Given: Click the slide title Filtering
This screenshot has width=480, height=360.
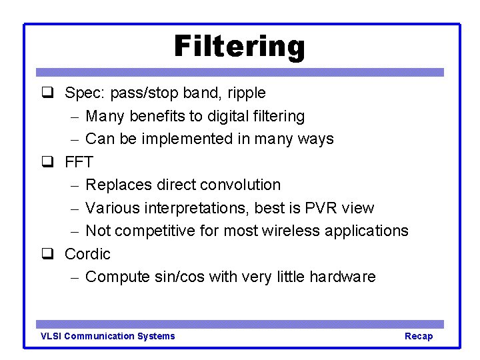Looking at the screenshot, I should point(239,47).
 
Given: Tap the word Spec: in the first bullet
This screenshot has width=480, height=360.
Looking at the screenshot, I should point(83,93).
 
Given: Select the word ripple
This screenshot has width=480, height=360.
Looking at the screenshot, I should point(248,93).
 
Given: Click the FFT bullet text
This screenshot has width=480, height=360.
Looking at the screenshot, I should point(79,162).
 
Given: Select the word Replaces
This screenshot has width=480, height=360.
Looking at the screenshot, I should point(116,185).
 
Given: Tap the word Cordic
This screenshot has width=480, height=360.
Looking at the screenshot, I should point(87,254).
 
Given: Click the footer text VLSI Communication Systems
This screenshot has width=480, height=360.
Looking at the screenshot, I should point(108,336).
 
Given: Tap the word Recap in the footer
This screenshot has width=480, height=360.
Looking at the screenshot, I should point(419,336).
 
